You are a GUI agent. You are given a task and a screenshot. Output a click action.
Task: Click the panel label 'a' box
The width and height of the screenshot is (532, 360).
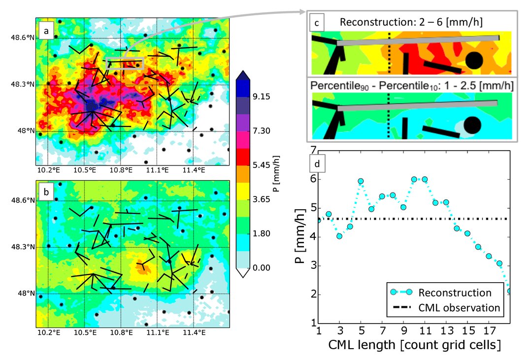click(x=46, y=31)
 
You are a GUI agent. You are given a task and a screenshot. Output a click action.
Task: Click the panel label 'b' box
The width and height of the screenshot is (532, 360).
click(x=46, y=192)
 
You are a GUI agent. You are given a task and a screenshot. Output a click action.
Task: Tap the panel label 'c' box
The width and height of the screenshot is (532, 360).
click(x=317, y=23)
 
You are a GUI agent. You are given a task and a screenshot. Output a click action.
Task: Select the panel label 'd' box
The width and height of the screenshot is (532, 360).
click(x=317, y=164)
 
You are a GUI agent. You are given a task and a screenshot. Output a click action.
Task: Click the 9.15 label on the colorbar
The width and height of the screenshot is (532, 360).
click(x=261, y=97)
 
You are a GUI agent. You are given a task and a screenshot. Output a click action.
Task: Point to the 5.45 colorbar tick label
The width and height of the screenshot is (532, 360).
click(x=261, y=165)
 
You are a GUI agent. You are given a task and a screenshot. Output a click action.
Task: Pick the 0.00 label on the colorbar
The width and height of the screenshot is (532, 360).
click(x=261, y=268)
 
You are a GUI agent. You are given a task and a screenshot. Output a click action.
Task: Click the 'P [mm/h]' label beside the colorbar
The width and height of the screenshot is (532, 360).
click(x=276, y=174)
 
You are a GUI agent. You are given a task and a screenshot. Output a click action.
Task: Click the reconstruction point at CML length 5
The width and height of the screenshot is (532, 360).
click(x=361, y=181)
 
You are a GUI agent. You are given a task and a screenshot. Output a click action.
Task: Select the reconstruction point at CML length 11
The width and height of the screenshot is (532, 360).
click(x=425, y=179)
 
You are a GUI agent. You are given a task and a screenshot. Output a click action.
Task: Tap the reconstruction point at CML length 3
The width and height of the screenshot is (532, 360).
click(x=339, y=236)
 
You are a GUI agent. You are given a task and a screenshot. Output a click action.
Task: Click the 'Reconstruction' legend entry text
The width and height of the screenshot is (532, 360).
click(x=455, y=293)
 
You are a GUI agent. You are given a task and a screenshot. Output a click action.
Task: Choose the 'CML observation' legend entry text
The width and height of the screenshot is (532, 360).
click(x=459, y=307)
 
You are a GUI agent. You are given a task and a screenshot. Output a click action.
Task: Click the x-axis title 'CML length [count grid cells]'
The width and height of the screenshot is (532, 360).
click(x=414, y=345)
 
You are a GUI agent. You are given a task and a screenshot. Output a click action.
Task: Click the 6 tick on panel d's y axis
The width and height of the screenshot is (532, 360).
click(x=313, y=179)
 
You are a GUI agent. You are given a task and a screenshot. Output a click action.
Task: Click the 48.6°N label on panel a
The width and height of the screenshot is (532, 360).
click(x=22, y=37)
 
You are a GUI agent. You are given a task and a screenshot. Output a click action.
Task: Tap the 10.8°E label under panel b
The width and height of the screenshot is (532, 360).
click(x=121, y=332)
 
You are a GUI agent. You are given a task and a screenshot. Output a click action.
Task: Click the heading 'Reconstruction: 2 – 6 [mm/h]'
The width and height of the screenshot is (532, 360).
click(x=411, y=22)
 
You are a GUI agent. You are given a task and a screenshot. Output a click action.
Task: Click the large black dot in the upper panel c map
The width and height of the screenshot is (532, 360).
click(x=474, y=61)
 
